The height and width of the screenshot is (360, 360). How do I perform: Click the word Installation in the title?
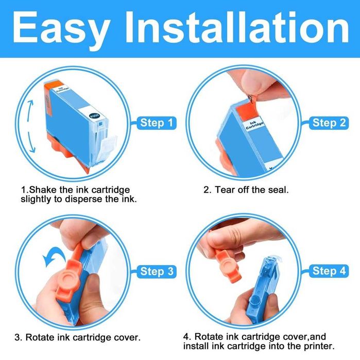pos(237,27)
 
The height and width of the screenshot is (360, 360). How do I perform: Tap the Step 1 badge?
pos(157,123)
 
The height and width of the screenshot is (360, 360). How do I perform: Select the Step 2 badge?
pos(329,123)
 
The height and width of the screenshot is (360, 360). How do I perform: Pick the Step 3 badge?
pos(157,271)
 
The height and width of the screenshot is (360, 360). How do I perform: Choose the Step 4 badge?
pos(329,271)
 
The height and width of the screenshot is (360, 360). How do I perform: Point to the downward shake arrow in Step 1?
pos(31,142)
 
